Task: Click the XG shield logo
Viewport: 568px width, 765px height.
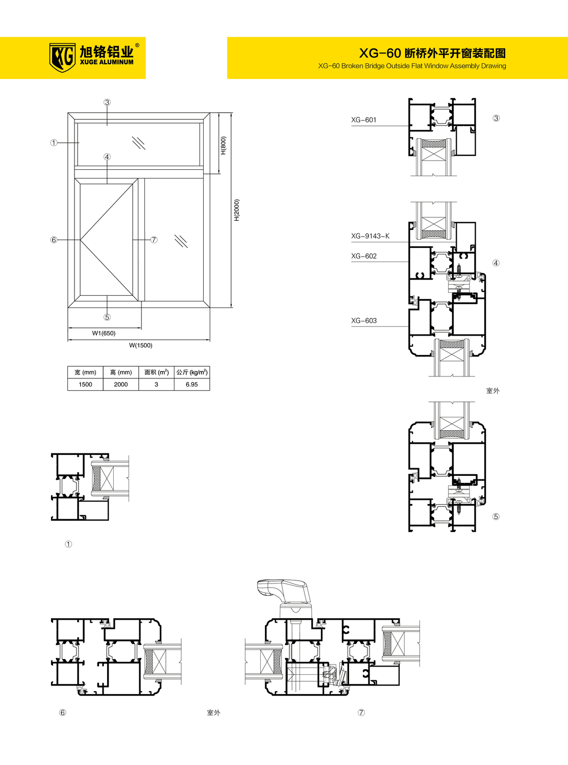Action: (x=62, y=58)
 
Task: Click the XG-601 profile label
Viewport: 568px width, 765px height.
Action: (x=363, y=120)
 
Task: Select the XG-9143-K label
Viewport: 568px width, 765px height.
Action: (x=370, y=236)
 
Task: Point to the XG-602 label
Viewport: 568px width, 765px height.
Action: (x=364, y=256)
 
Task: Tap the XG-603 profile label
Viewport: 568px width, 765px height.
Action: (x=364, y=321)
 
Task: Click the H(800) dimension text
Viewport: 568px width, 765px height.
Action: (x=224, y=145)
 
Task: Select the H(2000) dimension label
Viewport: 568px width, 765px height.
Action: (x=236, y=210)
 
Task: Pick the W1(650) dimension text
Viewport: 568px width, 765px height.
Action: (x=104, y=333)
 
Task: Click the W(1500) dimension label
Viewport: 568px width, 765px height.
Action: (x=140, y=345)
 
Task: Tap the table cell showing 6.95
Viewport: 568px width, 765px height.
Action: (x=192, y=385)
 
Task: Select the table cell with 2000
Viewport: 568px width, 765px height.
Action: (x=121, y=385)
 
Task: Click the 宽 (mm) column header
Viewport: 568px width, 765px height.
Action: (x=85, y=372)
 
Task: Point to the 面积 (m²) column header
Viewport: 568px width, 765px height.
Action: (x=156, y=372)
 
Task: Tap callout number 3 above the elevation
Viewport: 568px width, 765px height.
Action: (x=107, y=103)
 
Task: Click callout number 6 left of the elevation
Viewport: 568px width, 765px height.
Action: (x=54, y=240)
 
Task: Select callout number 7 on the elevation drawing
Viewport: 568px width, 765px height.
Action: (x=154, y=240)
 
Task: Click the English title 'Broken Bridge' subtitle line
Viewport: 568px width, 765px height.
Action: (x=412, y=66)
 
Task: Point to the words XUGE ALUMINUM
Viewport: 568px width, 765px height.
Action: (x=106, y=62)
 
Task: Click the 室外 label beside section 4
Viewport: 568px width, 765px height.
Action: (x=493, y=391)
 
